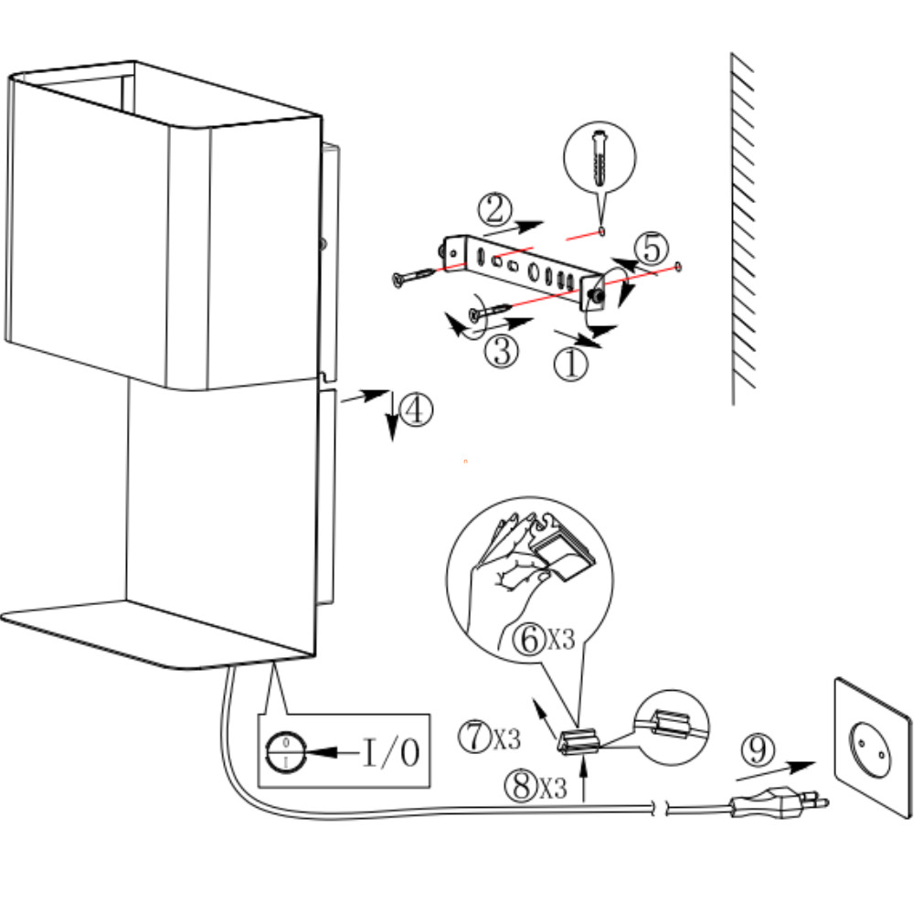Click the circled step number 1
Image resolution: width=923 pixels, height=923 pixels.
(x=570, y=365)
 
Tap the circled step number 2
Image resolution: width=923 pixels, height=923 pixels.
(x=494, y=209)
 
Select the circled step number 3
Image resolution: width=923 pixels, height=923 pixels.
(x=501, y=350)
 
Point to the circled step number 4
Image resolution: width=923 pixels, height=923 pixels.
(x=416, y=410)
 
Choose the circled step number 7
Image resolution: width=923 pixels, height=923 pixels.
(x=475, y=737)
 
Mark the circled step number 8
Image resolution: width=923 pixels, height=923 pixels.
(x=521, y=786)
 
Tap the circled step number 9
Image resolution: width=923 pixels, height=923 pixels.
(x=757, y=750)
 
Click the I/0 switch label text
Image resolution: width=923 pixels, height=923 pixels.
(x=391, y=752)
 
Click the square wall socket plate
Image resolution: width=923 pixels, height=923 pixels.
(x=872, y=747)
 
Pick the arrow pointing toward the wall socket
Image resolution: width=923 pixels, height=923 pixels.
(x=777, y=770)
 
